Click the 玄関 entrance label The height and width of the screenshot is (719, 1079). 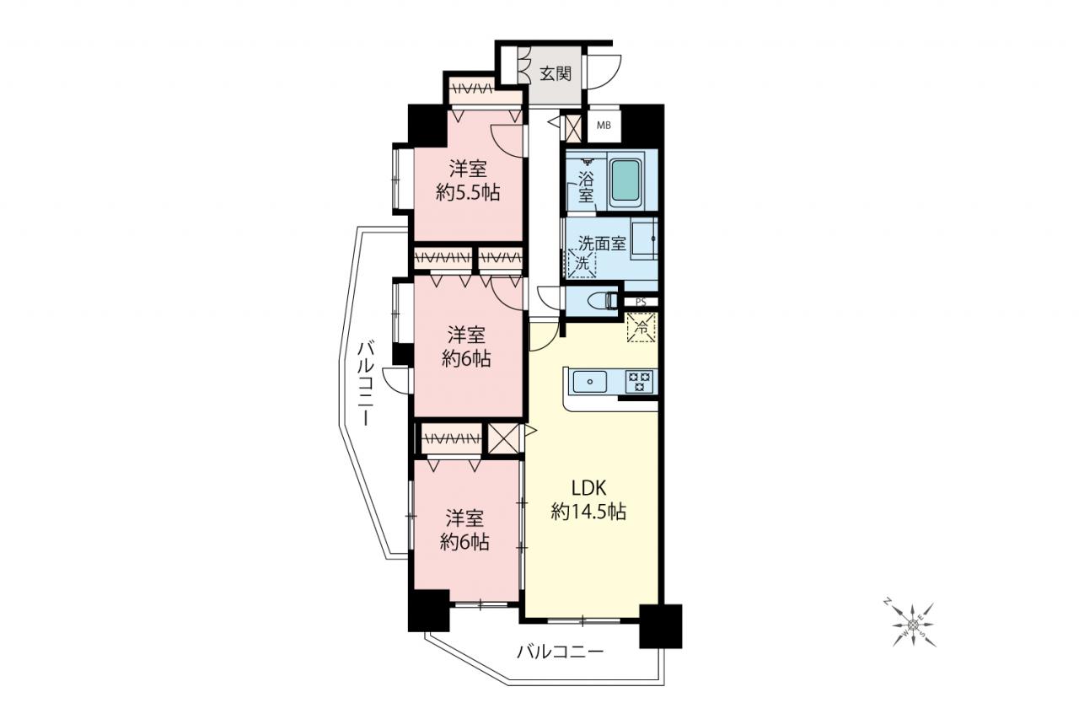point(556,73)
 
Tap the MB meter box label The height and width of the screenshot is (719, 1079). point(604,126)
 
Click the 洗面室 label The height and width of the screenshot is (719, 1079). point(602,243)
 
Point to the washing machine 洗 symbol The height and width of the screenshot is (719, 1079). point(582,263)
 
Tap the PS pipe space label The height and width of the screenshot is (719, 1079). point(640,303)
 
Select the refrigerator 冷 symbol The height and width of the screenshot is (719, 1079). point(641,328)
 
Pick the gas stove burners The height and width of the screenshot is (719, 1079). point(639,381)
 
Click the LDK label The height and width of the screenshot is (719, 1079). point(588,488)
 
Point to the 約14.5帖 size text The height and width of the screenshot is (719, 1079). point(588,512)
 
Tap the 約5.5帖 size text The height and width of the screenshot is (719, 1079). point(468,193)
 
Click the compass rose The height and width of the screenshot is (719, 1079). point(912,625)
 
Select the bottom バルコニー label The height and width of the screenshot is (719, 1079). point(561,652)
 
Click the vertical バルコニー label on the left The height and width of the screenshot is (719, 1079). point(366,383)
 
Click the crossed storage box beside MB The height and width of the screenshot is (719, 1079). point(573,127)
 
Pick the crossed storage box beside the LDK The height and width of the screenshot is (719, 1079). point(503,437)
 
